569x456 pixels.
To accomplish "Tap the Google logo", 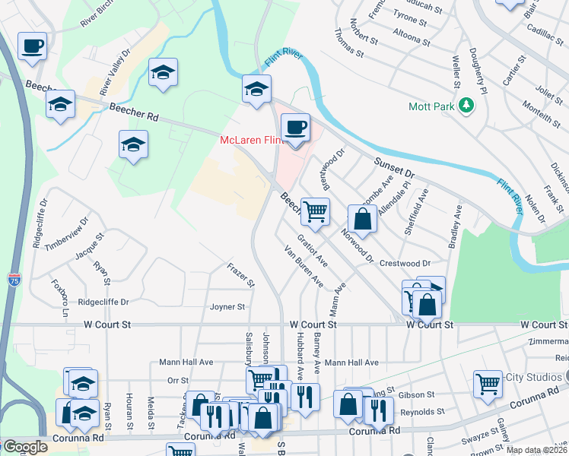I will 25,447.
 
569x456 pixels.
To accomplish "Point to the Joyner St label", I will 227,307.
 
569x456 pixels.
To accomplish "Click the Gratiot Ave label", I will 312,250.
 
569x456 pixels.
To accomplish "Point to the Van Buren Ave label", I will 304,267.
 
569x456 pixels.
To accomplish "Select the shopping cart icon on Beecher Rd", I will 315,211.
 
